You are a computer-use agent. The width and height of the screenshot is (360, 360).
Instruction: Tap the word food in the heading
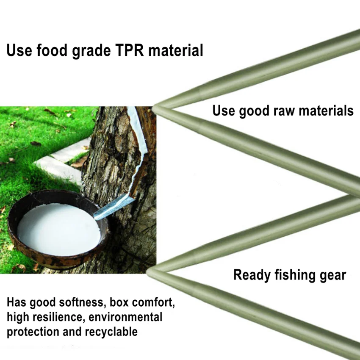tap(52, 50)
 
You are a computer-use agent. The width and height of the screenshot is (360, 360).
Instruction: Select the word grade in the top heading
tap(91, 51)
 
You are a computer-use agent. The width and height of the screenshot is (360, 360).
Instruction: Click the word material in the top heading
tap(176, 50)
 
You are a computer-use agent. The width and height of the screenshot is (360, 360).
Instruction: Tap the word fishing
tap(295, 275)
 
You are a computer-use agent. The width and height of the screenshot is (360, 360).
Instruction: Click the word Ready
tap(252, 275)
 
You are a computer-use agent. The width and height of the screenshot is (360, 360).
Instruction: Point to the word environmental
tap(125, 317)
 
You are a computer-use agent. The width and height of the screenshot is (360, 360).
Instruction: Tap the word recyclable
tap(111, 332)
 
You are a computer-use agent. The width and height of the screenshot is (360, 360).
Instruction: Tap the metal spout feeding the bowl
tap(114, 207)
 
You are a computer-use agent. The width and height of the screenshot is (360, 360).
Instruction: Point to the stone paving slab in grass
tap(62, 161)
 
